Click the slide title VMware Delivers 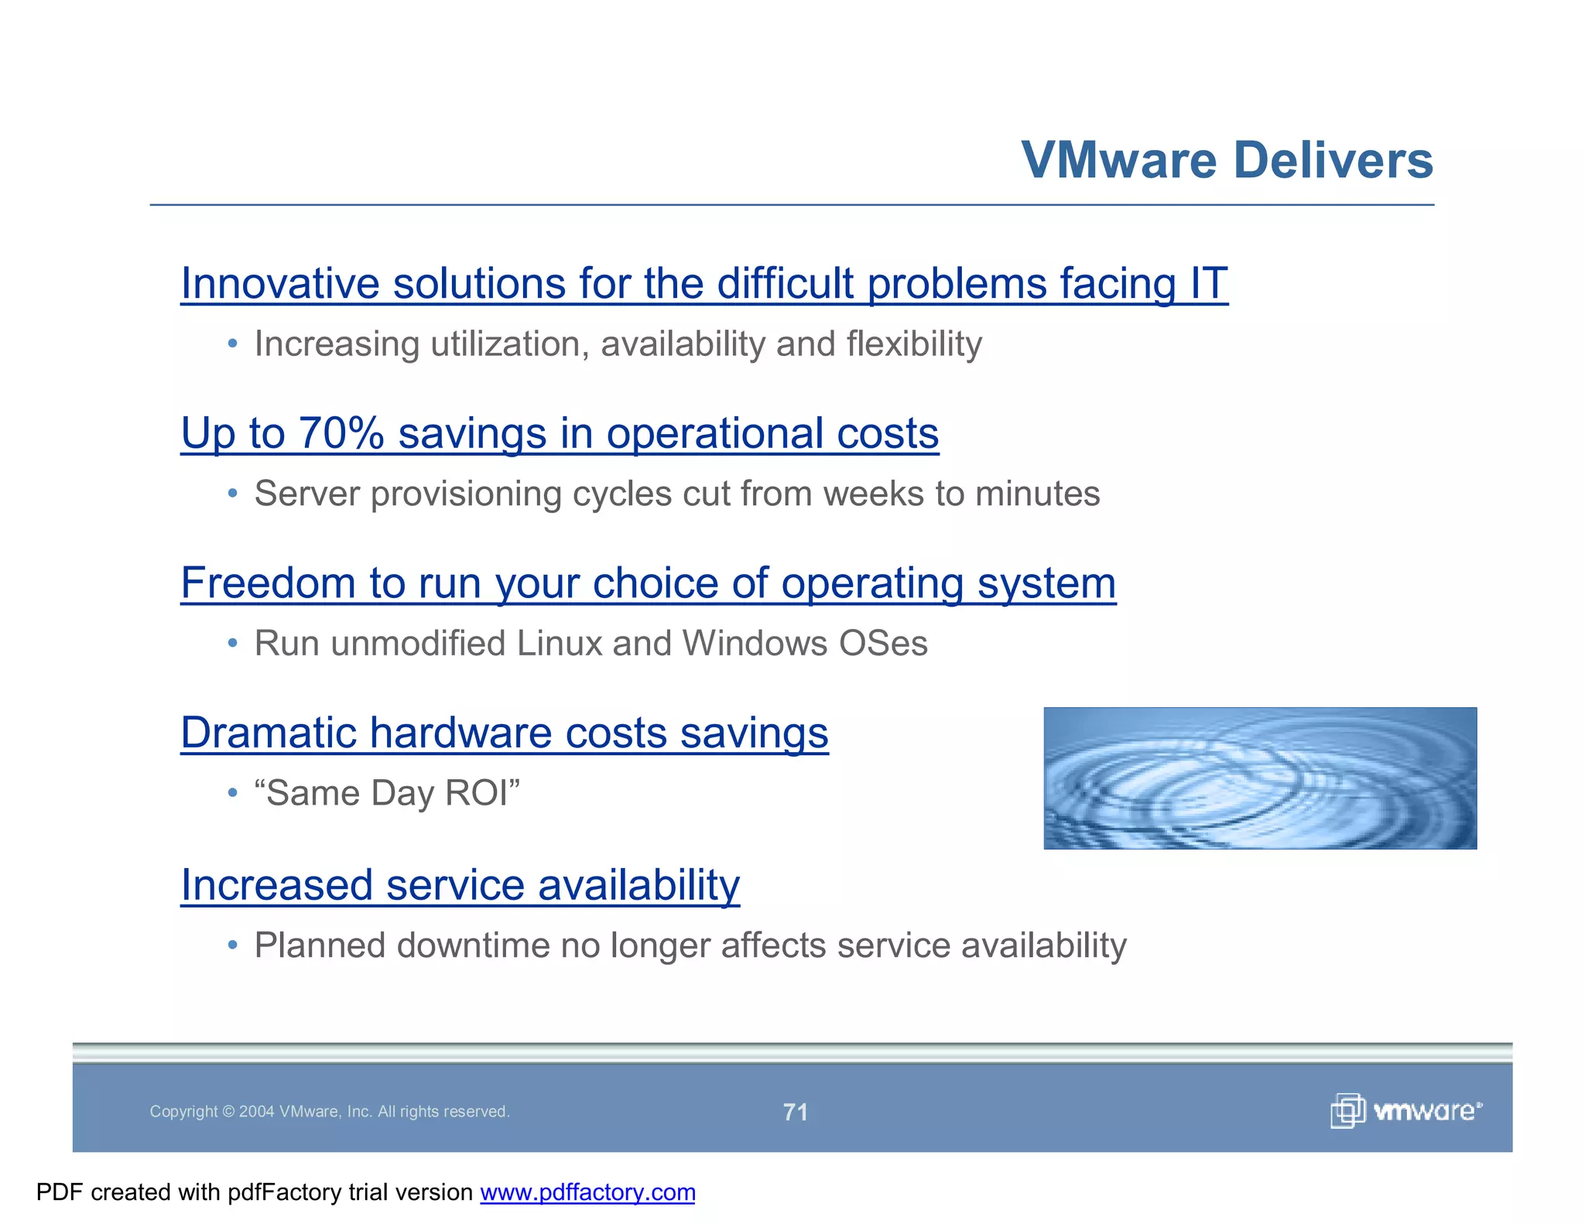click(x=1227, y=160)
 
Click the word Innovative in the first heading click(x=279, y=283)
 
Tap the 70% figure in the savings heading click(x=341, y=433)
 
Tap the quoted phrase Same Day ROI click(x=387, y=793)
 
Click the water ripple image click(x=1259, y=778)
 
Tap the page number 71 click(x=795, y=1112)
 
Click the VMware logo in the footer click(x=1405, y=1111)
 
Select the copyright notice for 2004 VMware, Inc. click(x=329, y=1112)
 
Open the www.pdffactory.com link click(x=587, y=1192)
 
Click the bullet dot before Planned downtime click(x=232, y=945)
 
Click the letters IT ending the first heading click(x=1208, y=283)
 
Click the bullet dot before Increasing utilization click(x=232, y=344)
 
